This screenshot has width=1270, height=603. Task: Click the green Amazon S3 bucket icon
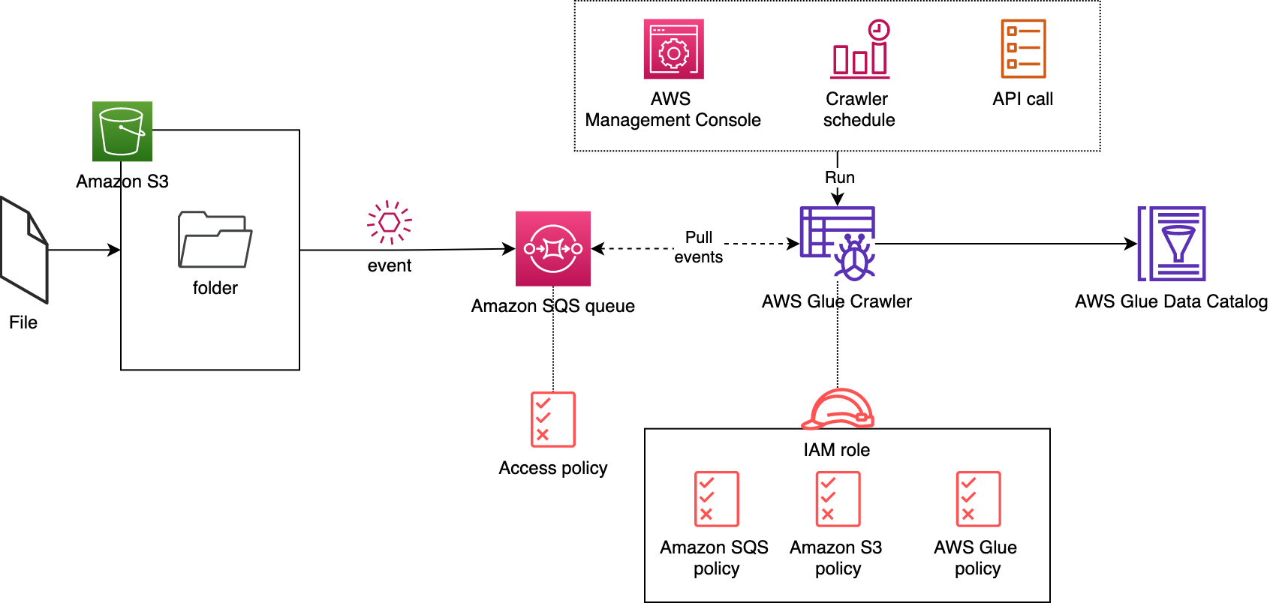click(x=122, y=131)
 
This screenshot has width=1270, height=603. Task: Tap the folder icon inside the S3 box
click(x=215, y=239)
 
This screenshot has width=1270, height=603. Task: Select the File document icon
click(x=24, y=250)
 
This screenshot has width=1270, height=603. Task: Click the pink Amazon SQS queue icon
click(x=553, y=248)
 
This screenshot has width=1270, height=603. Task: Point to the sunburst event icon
click(x=390, y=222)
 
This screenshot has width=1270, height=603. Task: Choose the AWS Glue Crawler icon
click(x=838, y=243)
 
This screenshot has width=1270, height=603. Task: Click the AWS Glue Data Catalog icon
click(x=1172, y=244)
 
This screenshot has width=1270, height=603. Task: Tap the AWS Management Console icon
click(x=673, y=49)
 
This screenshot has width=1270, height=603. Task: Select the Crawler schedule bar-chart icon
click(x=860, y=49)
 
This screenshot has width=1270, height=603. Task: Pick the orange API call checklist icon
click(x=1023, y=49)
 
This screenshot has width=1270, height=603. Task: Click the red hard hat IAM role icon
click(x=838, y=409)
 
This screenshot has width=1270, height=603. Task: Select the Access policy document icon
click(x=553, y=419)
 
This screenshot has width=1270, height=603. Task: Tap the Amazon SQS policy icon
click(x=716, y=499)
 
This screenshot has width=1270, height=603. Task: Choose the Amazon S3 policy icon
click(x=838, y=499)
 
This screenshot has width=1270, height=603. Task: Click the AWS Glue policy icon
click(x=978, y=499)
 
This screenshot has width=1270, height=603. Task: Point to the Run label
click(x=840, y=178)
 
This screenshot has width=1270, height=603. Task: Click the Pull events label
click(x=699, y=247)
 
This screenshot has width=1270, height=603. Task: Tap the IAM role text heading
click(x=837, y=450)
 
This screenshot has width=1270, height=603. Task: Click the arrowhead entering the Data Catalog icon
click(x=1131, y=244)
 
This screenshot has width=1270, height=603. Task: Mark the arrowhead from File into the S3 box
click(x=115, y=250)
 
